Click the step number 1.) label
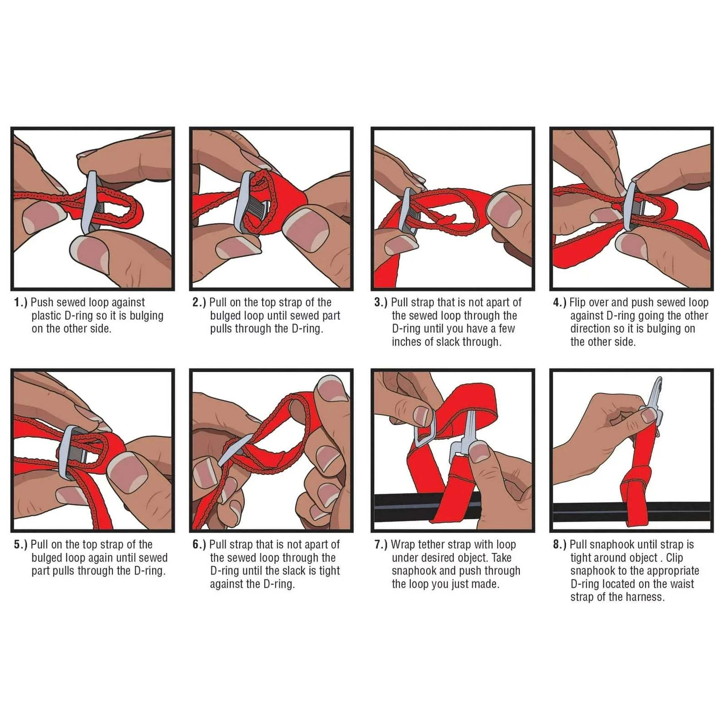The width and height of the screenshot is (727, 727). (x=20, y=303)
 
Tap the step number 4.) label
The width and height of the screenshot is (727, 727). (x=559, y=303)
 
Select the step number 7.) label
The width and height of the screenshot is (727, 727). (x=381, y=545)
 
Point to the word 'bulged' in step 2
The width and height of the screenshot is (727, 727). (x=225, y=316)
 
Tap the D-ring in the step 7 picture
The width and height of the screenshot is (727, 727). (x=425, y=428)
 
